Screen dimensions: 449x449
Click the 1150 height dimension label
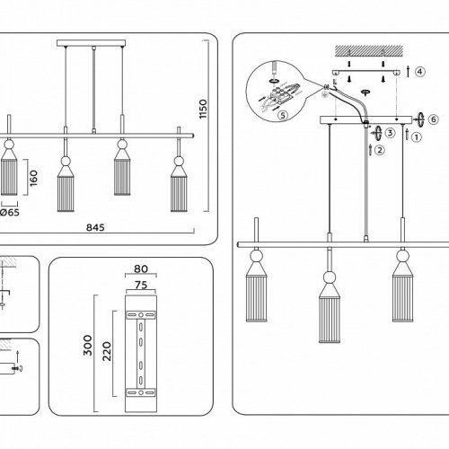[203, 109]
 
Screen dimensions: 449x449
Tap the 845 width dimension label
[95, 228]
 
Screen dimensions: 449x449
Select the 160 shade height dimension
[33, 178]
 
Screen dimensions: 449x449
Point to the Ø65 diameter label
[10, 213]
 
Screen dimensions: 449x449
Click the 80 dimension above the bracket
[141, 269]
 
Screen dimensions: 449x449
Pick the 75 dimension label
[141, 285]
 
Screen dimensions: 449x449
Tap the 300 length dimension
[88, 345]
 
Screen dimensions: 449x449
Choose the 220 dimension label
[107, 351]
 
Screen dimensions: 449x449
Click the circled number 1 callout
[417, 137]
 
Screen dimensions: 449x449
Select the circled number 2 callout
[380, 150]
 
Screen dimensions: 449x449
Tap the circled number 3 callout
[390, 133]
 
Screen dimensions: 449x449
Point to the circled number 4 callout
[420, 72]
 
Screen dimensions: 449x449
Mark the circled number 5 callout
[283, 115]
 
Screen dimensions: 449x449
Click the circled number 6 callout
[434, 119]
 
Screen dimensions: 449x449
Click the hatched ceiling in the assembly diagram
[369, 51]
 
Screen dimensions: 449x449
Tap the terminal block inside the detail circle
[280, 94]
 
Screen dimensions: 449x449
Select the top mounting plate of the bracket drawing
[141, 315]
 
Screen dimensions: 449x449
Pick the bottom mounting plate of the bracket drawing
[141, 392]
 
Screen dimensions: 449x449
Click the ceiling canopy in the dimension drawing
[92, 43]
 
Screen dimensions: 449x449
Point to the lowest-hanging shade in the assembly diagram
[330, 307]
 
